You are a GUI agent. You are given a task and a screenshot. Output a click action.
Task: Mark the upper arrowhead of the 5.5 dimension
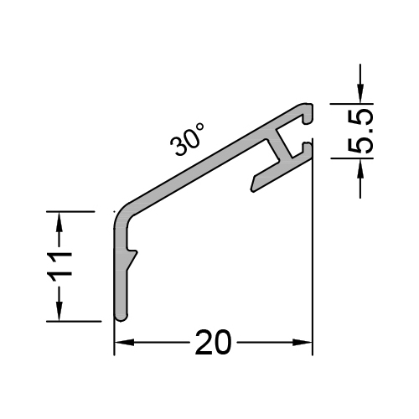pos(360,95)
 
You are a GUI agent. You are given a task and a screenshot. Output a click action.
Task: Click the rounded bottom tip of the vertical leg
pos(121,315)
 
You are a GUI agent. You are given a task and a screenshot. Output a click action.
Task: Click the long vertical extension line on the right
pos(312,251)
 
